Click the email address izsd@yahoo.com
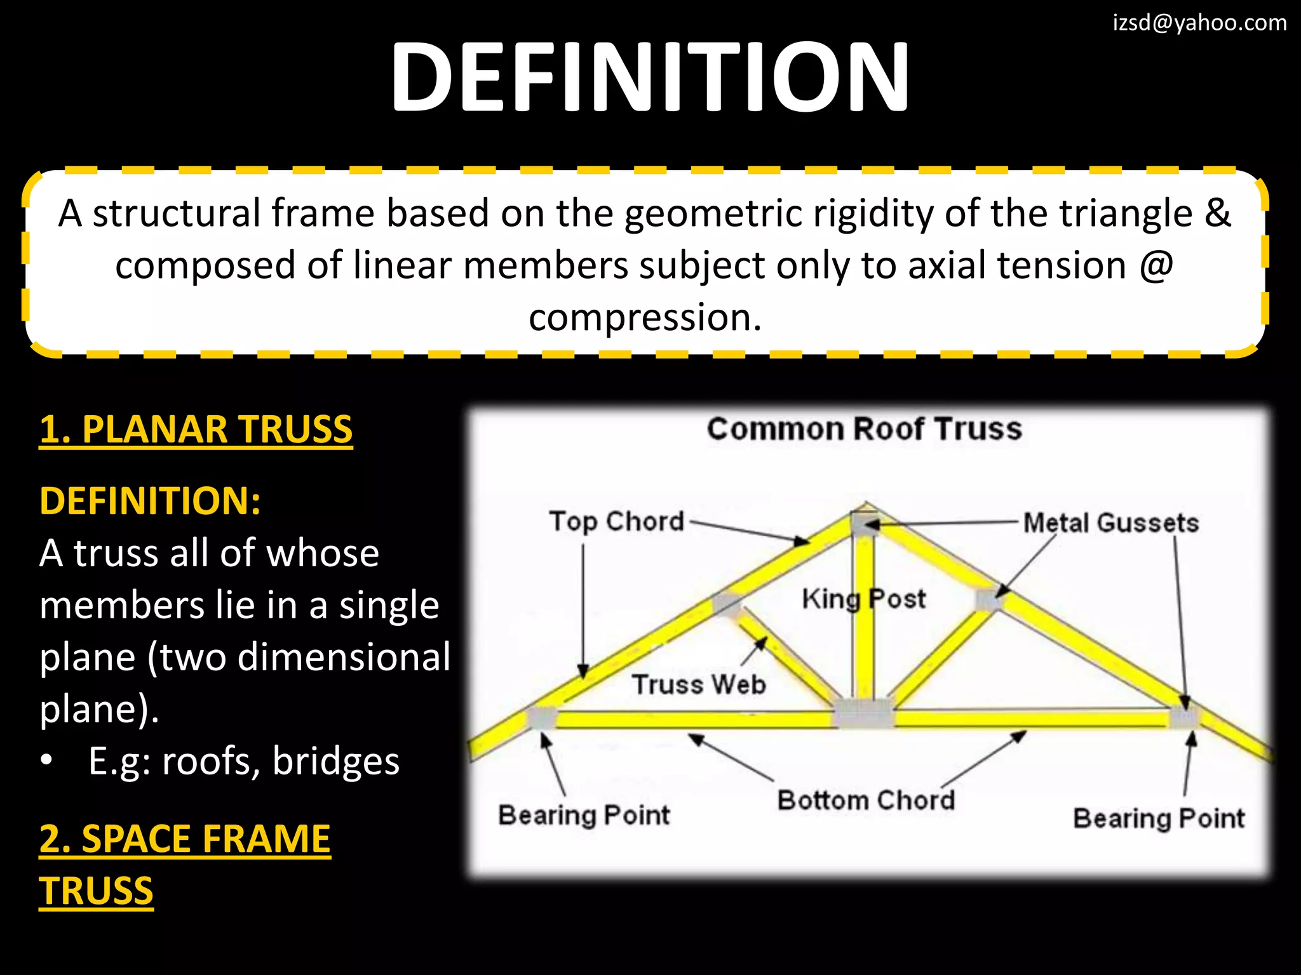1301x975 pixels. pos(1199,23)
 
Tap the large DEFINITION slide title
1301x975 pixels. pos(650,77)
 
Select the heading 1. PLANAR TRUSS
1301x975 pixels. pos(196,430)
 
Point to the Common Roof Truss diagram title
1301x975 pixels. pos(864,429)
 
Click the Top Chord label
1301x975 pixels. pos(616,522)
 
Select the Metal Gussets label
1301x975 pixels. pos(1110,523)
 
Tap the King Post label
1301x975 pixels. pos(863,599)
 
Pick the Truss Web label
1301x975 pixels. pos(699,685)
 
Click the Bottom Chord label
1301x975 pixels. pos(866,800)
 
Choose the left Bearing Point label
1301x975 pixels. pos(584,815)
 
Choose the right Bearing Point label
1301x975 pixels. pos(1159,818)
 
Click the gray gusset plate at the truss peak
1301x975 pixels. pos(864,524)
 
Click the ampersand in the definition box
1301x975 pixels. pos(1217,213)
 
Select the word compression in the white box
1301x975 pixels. pos(644,317)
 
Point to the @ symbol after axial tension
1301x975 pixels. pos(1156,265)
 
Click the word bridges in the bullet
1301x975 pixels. pos(336,761)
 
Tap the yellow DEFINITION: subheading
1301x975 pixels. pos(150,501)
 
